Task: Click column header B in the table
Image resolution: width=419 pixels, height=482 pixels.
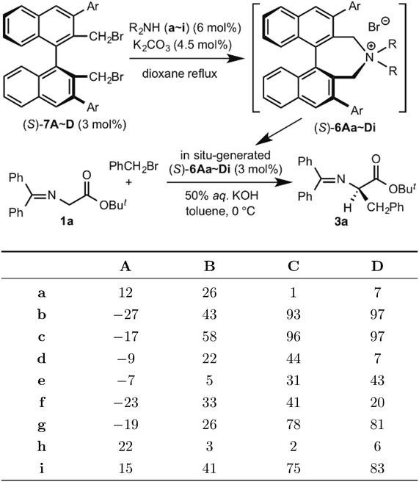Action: point(209,266)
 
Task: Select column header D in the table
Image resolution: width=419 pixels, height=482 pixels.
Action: point(377,266)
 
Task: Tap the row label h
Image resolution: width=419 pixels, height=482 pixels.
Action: point(41,446)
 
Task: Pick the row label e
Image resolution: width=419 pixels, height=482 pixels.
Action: point(41,381)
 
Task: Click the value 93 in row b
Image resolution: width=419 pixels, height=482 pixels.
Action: point(293,314)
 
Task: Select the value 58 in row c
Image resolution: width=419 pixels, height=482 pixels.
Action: point(209,337)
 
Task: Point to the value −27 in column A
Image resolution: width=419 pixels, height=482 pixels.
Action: point(126,314)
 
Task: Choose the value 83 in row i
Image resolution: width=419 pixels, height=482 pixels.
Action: point(377,468)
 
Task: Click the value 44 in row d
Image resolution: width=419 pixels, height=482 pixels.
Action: point(293,359)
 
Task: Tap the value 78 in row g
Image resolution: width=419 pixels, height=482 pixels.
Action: point(293,424)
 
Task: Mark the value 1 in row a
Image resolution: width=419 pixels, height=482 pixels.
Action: point(293,292)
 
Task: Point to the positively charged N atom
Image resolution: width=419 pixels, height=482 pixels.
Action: point(371,56)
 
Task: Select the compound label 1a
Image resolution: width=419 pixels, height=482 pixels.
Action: point(67,221)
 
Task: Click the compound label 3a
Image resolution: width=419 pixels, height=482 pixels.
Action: point(341,221)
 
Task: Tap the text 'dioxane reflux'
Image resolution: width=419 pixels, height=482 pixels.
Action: point(180,73)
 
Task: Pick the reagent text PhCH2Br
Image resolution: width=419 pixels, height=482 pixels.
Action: point(134,167)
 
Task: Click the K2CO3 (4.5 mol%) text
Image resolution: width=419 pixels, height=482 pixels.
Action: point(183,46)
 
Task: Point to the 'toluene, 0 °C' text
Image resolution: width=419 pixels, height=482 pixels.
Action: point(220,211)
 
